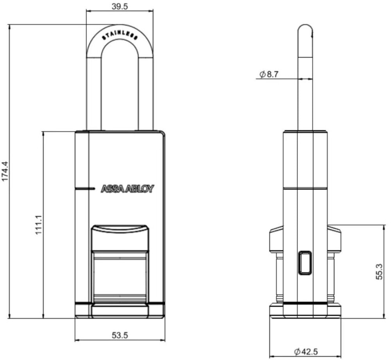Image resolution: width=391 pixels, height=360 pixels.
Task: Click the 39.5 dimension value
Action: [x=119, y=7]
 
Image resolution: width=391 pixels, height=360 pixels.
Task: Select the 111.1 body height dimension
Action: [x=39, y=225]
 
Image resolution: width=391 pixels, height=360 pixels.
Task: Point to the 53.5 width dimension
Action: [x=120, y=335]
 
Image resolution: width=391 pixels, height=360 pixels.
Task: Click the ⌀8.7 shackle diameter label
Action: [x=269, y=74]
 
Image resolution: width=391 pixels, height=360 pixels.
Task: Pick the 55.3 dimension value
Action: [x=379, y=271]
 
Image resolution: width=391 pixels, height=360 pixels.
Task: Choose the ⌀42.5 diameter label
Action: [x=306, y=352]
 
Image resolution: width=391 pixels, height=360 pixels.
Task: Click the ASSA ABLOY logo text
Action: [x=127, y=189]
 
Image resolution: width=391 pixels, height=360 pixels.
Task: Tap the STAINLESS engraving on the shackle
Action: [x=120, y=36]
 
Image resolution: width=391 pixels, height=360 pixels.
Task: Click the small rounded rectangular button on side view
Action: [x=305, y=263]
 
